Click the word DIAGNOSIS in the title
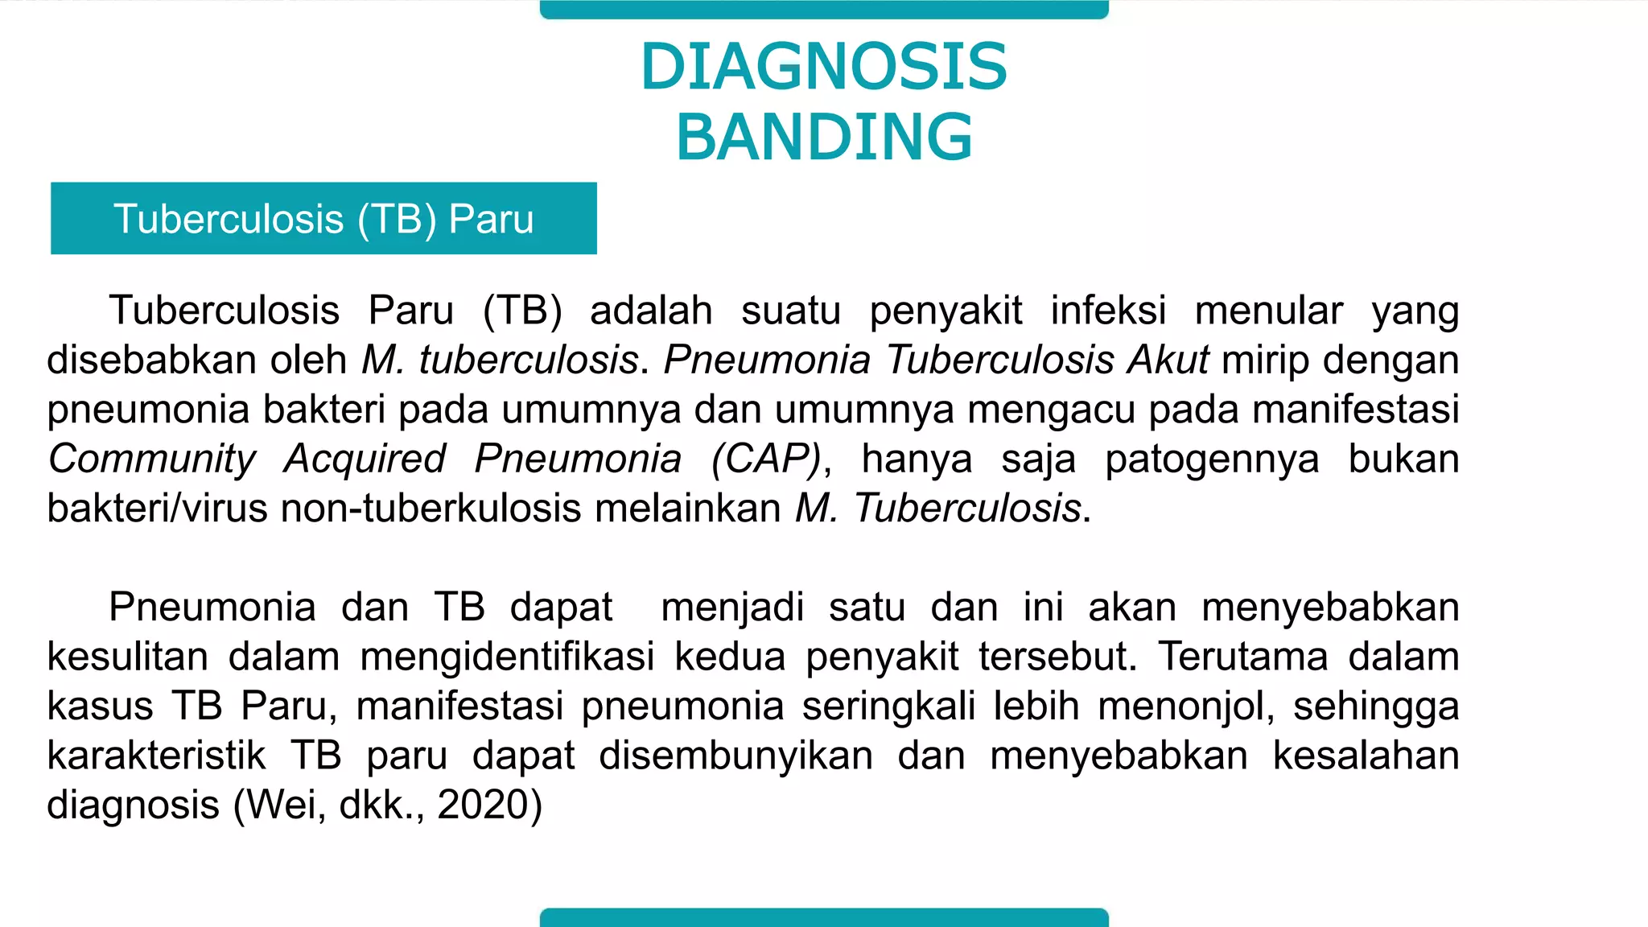coord(823,66)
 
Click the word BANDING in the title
coord(824,137)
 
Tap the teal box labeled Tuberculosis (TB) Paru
coord(323,219)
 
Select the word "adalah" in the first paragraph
coord(651,311)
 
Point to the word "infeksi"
coord(1108,311)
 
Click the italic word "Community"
coord(151,459)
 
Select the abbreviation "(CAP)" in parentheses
coord(766,459)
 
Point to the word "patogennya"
coord(1212,459)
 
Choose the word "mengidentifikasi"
coord(507,657)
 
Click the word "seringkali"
coord(889,707)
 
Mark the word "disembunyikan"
coord(735,756)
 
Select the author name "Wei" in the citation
coord(280,805)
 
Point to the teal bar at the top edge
coord(824,10)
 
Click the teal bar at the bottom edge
coord(824,917)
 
